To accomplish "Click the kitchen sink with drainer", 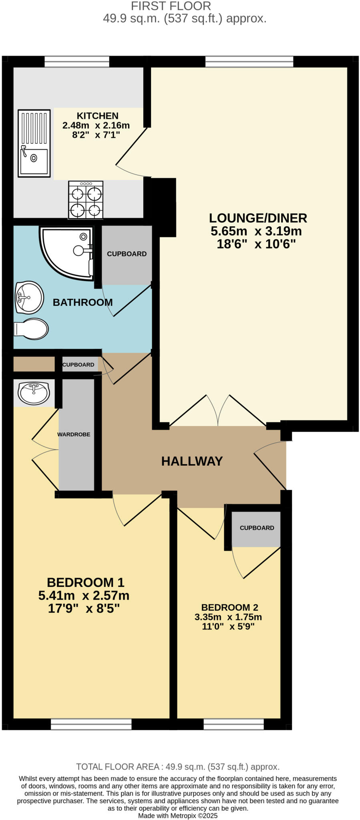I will pyautogui.click(x=34, y=143).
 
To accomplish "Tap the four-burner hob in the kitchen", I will pyautogui.click(x=86, y=200).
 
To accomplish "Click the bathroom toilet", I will pyautogui.click(x=31, y=329).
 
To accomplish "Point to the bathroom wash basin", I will pyautogui.click(x=29, y=297).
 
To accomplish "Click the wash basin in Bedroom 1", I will pyautogui.click(x=34, y=393).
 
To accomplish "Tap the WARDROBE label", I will pyautogui.click(x=74, y=434).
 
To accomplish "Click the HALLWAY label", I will pyautogui.click(x=192, y=461).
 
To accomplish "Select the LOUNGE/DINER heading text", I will pyautogui.click(x=258, y=218).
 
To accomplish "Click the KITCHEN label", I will pyautogui.click(x=97, y=116).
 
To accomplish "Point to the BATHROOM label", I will pyautogui.click(x=82, y=302).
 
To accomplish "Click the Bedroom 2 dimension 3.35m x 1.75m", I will pyautogui.click(x=228, y=617).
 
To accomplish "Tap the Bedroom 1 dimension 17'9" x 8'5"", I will pyautogui.click(x=84, y=609).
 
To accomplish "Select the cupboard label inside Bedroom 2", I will pyautogui.click(x=257, y=528).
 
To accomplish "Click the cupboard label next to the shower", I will pyautogui.click(x=127, y=254).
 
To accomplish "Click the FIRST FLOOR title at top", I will pyautogui.click(x=171, y=6).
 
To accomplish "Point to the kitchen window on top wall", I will pyautogui.click(x=76, y=61).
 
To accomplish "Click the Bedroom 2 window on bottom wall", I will pyautogui.click(x=233, y=724).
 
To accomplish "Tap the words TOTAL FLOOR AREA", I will pyautogui.click(x=118, y=766).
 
